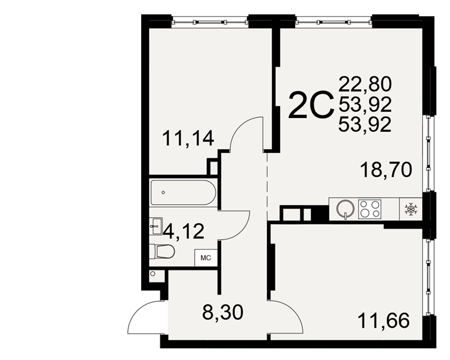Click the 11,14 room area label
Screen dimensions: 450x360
(188, 138)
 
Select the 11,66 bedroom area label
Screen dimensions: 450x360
(384, 321)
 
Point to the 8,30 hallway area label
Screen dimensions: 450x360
(223, 312)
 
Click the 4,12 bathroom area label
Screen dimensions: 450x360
(184, 231)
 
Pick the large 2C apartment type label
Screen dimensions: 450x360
(311, 104)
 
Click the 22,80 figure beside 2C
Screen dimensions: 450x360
(365, 84)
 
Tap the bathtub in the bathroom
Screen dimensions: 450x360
(183, 192)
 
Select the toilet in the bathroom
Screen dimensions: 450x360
(162, 252)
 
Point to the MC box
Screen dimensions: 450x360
(206, 258)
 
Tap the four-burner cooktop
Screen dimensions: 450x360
(370, 208)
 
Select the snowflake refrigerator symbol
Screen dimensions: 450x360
(411, 209)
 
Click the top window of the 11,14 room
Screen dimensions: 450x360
(210, 22)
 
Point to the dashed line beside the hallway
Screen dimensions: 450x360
(267, 187)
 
